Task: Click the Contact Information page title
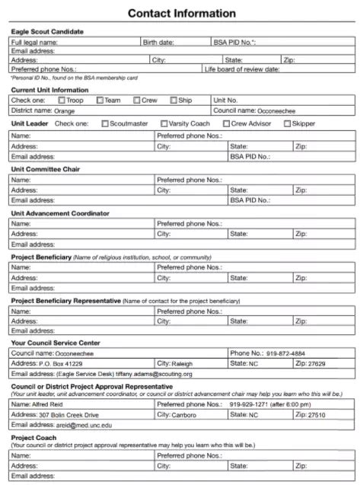click(181, 13)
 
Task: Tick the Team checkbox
click(99, 101)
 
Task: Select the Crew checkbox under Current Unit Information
click(136, 101)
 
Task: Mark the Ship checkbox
click(174, 101)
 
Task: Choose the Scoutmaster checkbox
click(104, 123)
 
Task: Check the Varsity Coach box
click(164, 123)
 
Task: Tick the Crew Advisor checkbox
click(227, 123)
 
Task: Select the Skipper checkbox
click(288, 123)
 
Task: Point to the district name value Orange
click(65, 111)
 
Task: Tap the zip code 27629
click(316, 364)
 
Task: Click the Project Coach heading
click(37, 438)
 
